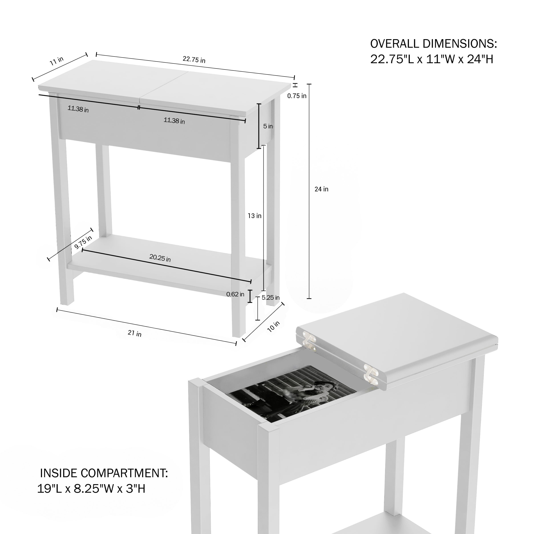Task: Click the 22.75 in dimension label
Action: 194,59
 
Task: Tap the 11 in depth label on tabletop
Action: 57,61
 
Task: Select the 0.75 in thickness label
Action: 297,96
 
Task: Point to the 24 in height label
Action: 322,189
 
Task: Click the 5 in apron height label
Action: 268,126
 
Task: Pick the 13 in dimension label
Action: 254,216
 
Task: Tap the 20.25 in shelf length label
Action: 160,258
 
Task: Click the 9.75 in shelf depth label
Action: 83,242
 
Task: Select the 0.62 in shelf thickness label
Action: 235,294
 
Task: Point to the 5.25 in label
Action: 271,298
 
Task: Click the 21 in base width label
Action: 135,333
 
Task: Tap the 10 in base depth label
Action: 273,326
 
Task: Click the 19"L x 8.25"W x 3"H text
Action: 91,488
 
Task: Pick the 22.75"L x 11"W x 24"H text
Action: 432,59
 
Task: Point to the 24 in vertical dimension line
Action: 309,191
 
